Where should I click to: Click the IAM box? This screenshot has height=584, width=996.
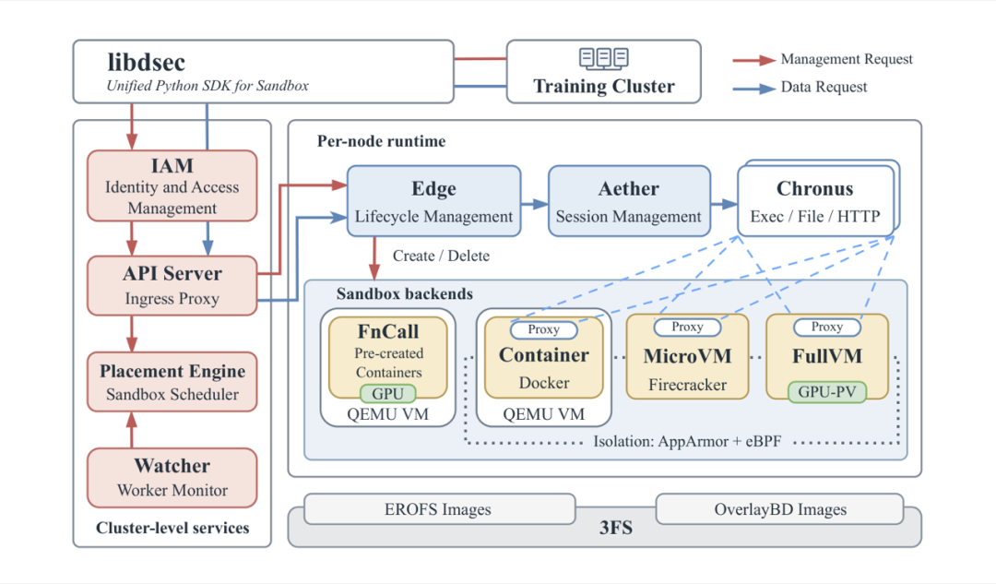pyautogui.click(x=172, y=185)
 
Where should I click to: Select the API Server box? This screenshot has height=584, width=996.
pyautogui.click(x=172, y=285)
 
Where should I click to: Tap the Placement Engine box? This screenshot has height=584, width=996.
pyautogui.click(x=172, y=382)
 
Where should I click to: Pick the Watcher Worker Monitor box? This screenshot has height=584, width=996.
pyautogui.click(x=172, y=478)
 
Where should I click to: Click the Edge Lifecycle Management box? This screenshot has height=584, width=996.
pyautogui.click(x=433, y=201)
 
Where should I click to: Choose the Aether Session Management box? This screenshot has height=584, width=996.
pyautogui.click(x=629, y=201)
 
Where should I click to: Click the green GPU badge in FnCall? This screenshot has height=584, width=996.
pyautogui.click(x=387, y=394)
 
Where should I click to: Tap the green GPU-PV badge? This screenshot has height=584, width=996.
pyautogui.click(x=827, y=392)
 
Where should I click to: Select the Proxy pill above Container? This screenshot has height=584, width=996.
pyautogui.click(x=544, y=329)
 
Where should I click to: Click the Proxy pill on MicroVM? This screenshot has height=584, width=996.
pyautogui.click(x=687, y=328)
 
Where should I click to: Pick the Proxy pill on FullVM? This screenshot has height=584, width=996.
pyautogui.click(x=827, y=328)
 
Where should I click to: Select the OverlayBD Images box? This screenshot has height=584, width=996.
pyautogui.click(x=779, y=509)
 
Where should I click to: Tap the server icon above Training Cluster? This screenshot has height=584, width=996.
pyautogui.click(x=603, y=58)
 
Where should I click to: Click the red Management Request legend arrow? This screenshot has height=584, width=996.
pyautogui.click(x=754, y=60)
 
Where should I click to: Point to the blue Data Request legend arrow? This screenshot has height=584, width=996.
pyautogui.click(x=754, y=89)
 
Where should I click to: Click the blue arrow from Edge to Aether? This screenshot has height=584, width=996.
pyautogui.click(x=534, y=204)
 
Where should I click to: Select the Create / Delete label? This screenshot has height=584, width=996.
pyautogui.click(x=441, y=256)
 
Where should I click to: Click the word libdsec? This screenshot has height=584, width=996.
pyautogui.click(x=146, y=63)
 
